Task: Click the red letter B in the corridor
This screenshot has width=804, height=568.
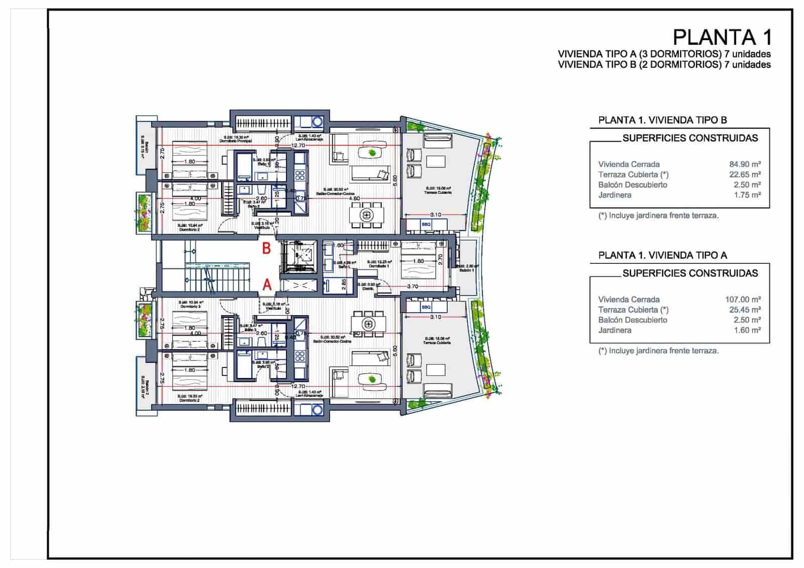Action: pos(267,248)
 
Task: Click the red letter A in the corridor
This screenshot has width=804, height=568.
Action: pos(267,285)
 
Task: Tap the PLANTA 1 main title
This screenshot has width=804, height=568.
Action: pos(722,37)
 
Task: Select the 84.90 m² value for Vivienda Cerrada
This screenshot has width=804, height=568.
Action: pos(745,164)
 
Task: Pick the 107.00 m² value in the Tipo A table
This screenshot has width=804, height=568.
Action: pos(743,300)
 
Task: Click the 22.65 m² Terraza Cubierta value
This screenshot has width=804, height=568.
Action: pos(745,174)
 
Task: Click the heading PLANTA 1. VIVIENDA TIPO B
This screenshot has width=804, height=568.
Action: pos(662,120)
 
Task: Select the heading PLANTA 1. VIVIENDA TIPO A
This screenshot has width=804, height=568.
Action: pos(662,255)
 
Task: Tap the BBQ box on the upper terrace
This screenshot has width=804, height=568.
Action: pos(426,224)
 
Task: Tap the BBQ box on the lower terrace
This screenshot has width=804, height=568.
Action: pos(426,307)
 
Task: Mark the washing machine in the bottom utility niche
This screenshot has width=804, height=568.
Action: pos(317,410)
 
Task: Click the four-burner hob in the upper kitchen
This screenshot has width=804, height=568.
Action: pos(300,175)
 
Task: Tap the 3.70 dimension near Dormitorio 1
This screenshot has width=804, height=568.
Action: pos(413,287)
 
